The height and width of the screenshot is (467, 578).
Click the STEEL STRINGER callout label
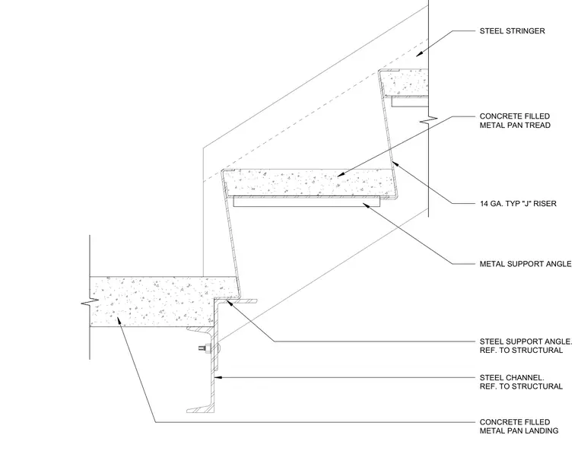512,31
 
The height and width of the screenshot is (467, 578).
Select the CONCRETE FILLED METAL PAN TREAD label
515,121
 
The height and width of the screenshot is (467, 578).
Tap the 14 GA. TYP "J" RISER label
518,204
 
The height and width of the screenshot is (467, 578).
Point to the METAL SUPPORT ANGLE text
526,264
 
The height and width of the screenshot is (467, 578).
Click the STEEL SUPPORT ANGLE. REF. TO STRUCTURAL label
526,346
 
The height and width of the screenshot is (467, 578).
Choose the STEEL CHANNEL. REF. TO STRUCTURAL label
521,383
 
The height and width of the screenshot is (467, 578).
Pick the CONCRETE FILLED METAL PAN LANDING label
519,427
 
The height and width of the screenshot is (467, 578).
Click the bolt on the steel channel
205,348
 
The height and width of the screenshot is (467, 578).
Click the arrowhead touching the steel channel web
219,377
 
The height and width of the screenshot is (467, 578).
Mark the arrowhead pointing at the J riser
395,163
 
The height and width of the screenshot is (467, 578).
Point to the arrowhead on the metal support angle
367,205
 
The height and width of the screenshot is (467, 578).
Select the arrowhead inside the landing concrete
119,321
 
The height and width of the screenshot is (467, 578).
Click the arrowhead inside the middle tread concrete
342,174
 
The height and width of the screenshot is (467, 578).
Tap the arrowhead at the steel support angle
230,303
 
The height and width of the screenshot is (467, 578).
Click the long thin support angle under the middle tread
306,202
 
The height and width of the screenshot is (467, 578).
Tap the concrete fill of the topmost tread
405,84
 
